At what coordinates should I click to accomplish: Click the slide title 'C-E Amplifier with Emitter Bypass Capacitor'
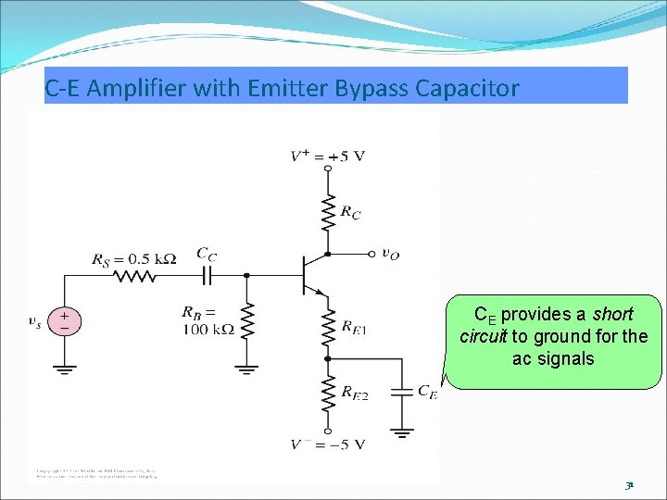[282, 89]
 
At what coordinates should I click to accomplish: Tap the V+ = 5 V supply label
[328, 156]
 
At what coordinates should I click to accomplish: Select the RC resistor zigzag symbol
[327, 213]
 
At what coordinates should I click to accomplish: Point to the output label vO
[391, 253]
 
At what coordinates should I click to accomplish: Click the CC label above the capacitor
[208, 253]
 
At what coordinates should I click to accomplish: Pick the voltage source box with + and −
[64, 321]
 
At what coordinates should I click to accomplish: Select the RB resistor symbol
[246, 319]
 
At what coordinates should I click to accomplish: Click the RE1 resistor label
[353, 326]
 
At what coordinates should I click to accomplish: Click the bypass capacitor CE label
[427, 392]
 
